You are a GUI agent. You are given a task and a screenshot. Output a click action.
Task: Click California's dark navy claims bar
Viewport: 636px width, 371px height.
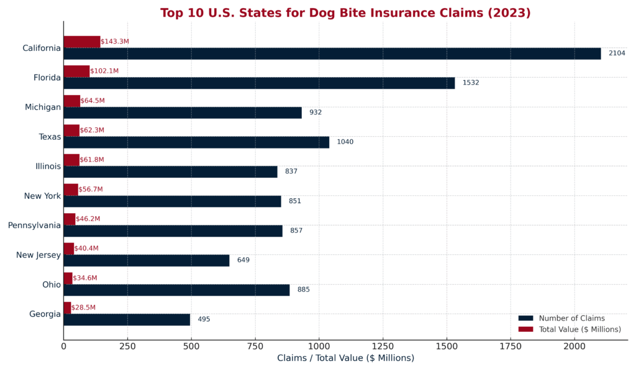332,53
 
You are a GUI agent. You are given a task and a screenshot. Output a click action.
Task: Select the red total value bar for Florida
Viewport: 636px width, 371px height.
76,71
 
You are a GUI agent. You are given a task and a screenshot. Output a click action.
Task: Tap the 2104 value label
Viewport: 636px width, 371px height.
616,53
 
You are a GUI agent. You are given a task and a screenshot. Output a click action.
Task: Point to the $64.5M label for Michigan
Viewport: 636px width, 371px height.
93,101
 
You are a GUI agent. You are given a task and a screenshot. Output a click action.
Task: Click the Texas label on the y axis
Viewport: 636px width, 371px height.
50,137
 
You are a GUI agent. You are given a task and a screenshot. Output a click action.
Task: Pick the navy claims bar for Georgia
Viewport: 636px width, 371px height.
127,319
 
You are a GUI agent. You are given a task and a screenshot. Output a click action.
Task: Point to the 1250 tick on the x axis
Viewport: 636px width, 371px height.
383,346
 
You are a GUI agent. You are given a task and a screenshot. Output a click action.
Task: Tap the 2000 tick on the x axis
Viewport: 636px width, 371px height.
574,346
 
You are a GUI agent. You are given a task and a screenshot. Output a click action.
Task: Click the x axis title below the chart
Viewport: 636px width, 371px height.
345,359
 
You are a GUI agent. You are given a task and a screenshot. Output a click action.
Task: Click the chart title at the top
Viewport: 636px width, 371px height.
345,13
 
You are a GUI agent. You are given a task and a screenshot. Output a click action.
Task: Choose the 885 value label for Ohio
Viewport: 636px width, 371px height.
303,290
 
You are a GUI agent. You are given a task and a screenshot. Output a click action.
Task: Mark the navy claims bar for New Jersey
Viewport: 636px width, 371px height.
147,260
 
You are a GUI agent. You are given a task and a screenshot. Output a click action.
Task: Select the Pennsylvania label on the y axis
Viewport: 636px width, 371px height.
34,225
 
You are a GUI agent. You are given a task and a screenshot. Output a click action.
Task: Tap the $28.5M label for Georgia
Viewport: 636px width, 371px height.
83,308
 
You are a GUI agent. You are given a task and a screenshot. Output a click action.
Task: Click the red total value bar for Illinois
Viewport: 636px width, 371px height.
71,160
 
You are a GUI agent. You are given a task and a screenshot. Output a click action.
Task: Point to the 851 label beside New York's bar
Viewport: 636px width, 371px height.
294,201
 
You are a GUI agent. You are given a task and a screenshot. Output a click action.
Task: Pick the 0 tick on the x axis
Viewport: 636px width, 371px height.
63,346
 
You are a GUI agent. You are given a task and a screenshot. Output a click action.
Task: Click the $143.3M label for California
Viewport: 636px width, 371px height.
115,42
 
